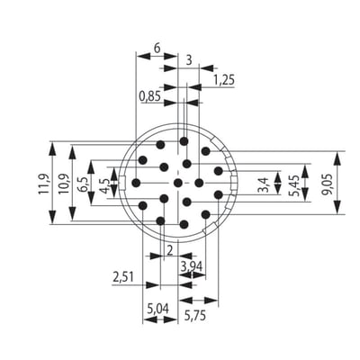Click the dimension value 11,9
(43, 183)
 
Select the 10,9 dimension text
(63, 184)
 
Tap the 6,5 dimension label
(82, 184)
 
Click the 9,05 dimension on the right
(328, 184)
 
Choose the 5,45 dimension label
(294, 184)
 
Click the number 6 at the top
(157, 48)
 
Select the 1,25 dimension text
(223, 80)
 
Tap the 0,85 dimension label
(150, 96)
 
